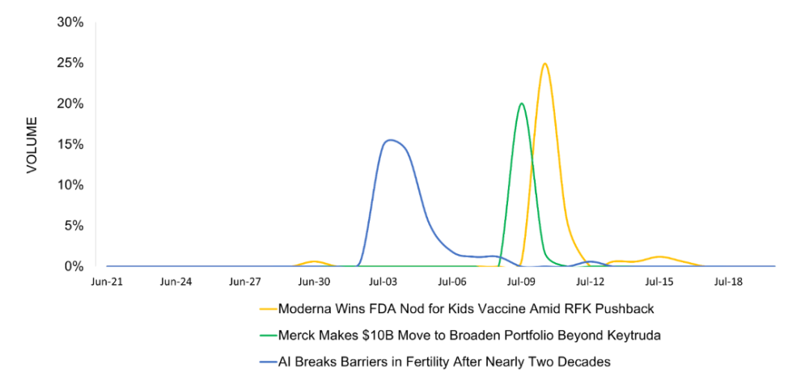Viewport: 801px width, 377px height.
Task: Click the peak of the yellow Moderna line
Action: coord(545,64)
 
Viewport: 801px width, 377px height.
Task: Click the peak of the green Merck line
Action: coord(521,104)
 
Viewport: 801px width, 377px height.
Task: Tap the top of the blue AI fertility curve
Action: coord(390,140)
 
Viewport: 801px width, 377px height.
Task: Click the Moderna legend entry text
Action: coord(465,308)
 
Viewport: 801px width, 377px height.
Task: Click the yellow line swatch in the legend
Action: coord(267,309)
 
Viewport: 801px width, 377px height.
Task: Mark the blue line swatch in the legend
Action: coord(267,361)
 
